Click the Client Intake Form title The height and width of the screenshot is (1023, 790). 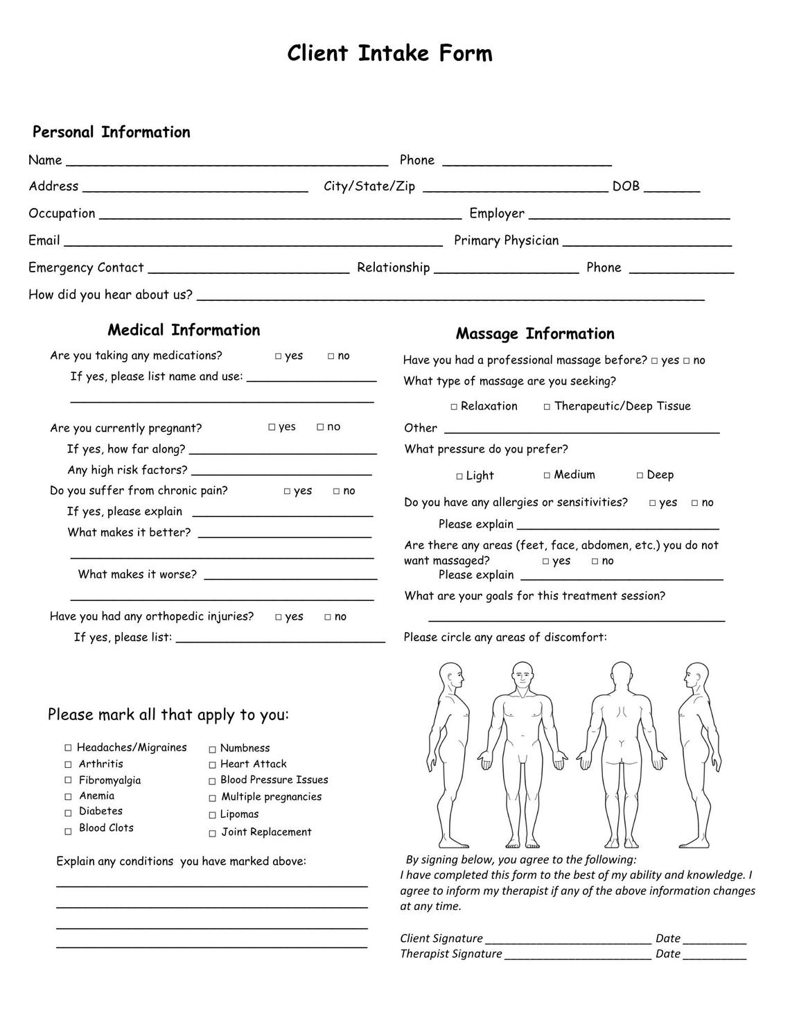coord(389,53)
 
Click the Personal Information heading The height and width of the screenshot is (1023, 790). coord(111,132)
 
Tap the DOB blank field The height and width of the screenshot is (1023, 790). coord(676,187)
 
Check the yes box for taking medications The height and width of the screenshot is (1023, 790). coord(278,356)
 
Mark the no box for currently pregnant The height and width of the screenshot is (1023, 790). coord(320,427)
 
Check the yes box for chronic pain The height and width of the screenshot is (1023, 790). coord(287,491)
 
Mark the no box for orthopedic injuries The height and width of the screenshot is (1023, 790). coord(328,617)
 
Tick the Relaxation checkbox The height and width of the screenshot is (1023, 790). coord(454,407)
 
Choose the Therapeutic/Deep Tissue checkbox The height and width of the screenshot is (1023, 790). coord(547,407)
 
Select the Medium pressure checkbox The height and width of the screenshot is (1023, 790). coord(547,475)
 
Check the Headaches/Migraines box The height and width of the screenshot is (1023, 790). coord(68,748)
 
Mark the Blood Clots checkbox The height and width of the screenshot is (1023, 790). coord(68,831)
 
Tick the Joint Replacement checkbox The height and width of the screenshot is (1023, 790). coord(212,833)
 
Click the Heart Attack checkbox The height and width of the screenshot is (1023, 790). coord(212,765)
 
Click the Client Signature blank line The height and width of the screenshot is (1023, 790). coord(568,940)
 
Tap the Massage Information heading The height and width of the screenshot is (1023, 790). coord(535,334)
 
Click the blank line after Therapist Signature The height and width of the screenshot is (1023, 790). coord(577,955)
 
